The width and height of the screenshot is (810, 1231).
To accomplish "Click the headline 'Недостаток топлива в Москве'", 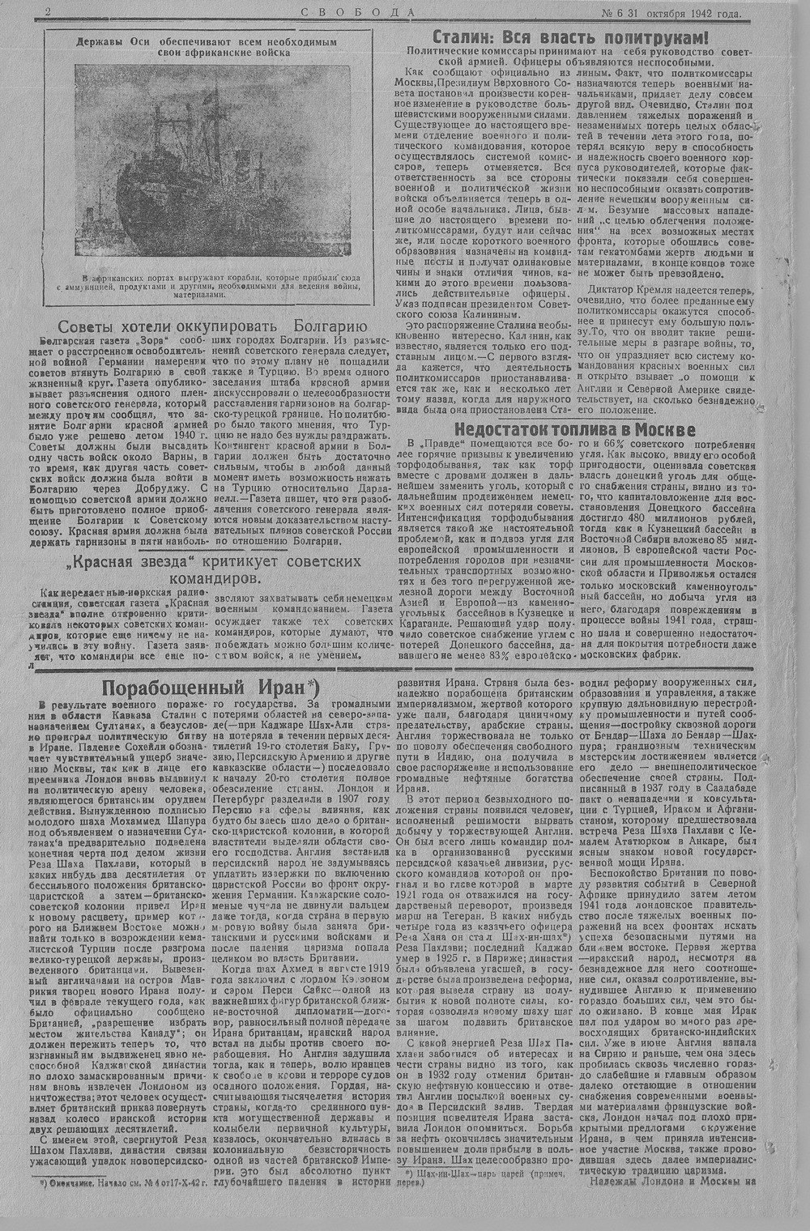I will click(x=573, y=429).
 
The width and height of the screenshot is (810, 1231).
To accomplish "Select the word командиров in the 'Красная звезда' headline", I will click(x=215, y=580).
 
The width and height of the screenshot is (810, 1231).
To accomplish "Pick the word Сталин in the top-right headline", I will click(x=465, y=37).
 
